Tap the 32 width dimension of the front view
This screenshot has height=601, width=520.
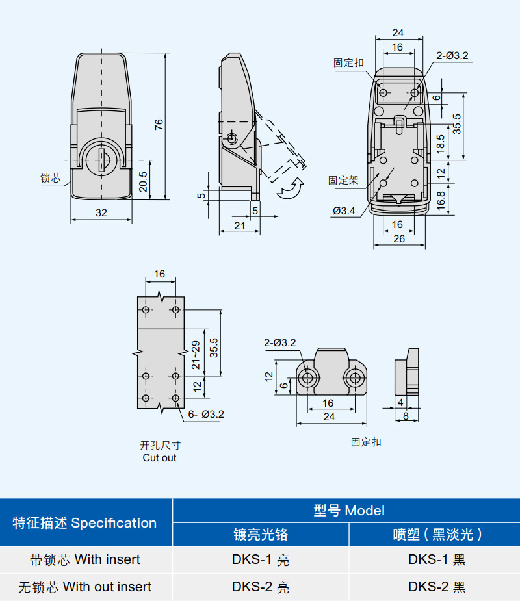[x=101, y=212]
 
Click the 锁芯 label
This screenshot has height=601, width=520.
[x=50, y=178]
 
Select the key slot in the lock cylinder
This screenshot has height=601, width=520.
[x=102, y=160]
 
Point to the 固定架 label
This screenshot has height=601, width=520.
[x=343, y=181]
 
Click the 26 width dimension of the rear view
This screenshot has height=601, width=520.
[x=399, y=239]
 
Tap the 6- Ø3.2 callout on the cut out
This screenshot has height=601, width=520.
[x=206, y=414]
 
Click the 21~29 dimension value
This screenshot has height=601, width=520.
[x=196, y=355]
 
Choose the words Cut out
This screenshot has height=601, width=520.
[x=159, y=457]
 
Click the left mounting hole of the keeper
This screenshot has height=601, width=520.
[x=308, y=378]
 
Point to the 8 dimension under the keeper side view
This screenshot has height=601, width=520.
[x=406, y=416]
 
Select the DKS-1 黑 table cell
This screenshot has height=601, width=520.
[x=437, y=559]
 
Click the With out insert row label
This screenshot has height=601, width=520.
[x=84, y=587]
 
